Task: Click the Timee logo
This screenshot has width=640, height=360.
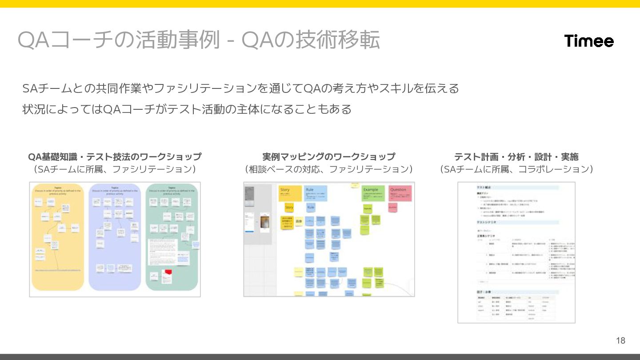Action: coord(589,41)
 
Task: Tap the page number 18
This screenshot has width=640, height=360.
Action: coord(620,340)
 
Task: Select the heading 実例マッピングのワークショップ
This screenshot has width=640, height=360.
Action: coord(328,157)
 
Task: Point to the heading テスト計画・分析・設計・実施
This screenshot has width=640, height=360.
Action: coord(516,157)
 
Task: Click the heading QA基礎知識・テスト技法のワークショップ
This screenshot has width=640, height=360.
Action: coord(115,157)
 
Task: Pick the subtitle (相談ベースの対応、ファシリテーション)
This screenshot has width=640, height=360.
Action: coord(328,169)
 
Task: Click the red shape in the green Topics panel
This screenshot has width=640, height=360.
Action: coord(168,272)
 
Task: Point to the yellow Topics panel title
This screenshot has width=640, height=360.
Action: coord(57,187)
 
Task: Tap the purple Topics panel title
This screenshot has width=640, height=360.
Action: coord(115,187)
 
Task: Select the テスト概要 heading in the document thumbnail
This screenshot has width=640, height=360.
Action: coord(484,188)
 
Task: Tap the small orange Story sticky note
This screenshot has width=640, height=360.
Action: coord(289,208)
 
